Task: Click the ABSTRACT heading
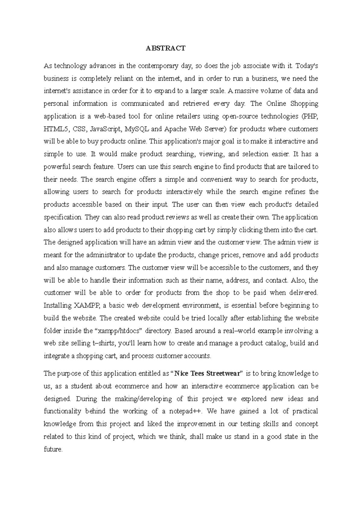[x=166, y=48]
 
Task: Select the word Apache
[x=175, y=129]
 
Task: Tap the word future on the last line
[x=53, y=449]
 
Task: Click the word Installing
[x=57, y=305]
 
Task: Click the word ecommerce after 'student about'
[x=132, y=386]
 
